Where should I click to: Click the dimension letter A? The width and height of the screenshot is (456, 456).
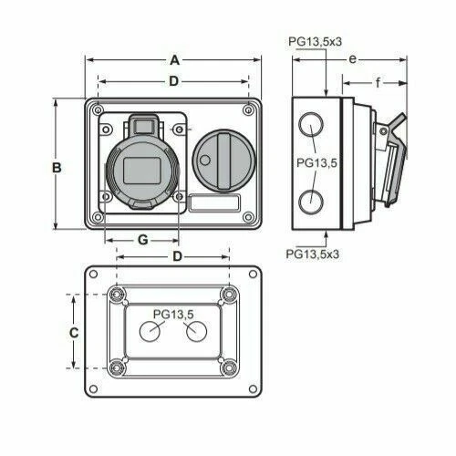click(x=173, y=60)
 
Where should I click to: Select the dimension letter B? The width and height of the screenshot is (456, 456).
click(x=57, y=168)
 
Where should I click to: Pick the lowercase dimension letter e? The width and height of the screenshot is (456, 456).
click(x=351, y=59)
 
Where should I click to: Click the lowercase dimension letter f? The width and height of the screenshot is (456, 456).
click(x=377, y=83)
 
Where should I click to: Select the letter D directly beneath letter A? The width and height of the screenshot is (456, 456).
click(x=173, y=82)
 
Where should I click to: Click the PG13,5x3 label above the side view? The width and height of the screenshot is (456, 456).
click(x=314, y=41)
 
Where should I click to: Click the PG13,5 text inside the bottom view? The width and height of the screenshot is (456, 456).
click(x=173, y=315)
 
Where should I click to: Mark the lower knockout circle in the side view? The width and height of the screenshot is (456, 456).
click(x=311, y=200)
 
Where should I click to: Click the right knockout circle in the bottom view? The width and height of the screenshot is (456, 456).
click(x=194, y=334)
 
